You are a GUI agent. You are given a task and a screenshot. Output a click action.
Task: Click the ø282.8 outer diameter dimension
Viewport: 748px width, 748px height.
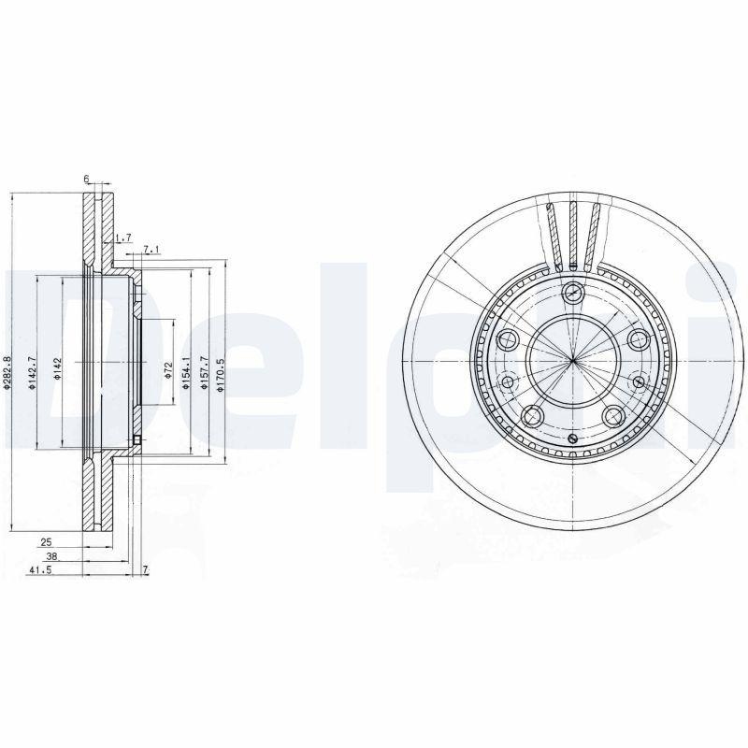pos(7,373)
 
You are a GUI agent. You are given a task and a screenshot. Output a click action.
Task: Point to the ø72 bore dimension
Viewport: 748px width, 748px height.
pos(167,371)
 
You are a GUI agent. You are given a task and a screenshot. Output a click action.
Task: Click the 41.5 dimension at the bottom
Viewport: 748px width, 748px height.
pos(38,569)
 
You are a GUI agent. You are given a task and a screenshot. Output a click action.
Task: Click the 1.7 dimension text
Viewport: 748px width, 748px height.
pos(125,239)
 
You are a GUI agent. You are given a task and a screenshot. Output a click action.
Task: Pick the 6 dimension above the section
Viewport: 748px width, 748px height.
pos(86,178)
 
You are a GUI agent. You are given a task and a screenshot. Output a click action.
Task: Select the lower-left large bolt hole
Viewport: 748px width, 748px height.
pos(531,415)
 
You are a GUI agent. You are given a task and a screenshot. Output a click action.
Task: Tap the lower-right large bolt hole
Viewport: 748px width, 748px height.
pos(613,415)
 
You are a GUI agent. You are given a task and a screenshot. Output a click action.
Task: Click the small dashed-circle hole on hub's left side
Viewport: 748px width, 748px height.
pos(508,381)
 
